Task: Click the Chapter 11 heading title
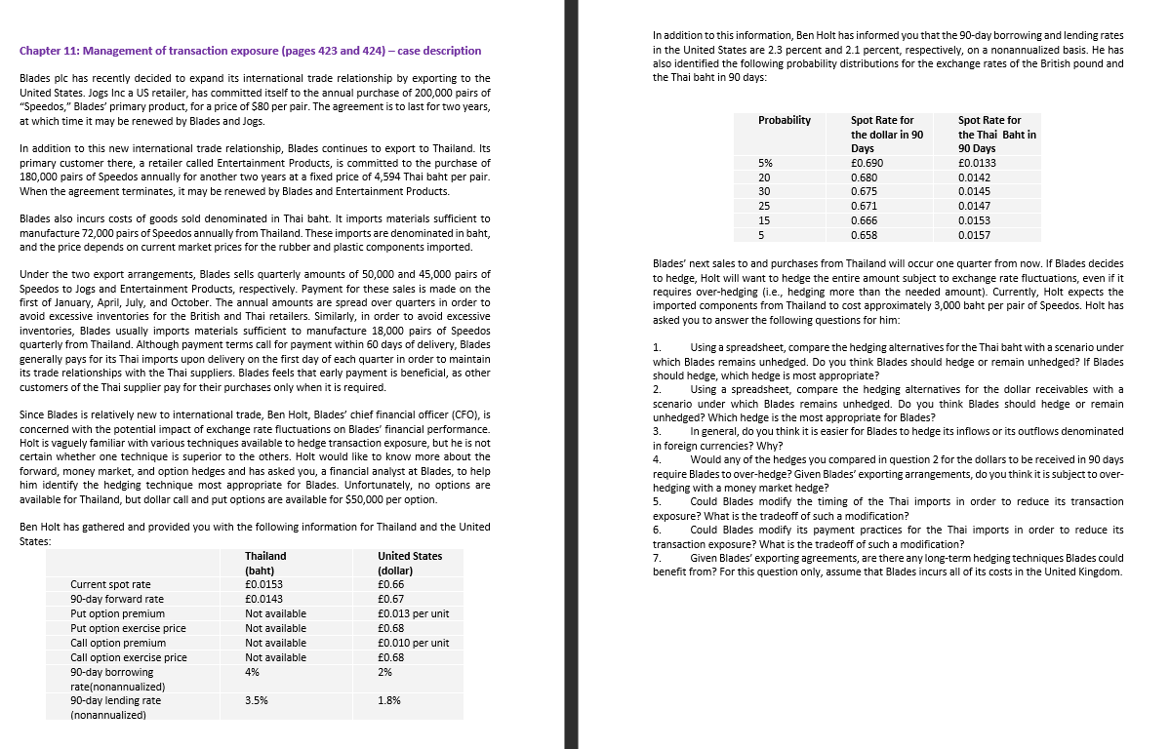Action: coord(250,51)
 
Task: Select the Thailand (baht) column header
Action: coord(264,563)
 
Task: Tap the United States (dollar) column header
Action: coord(409,563)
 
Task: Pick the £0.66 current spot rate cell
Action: coord(390,584)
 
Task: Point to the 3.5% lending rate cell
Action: coord(257,700)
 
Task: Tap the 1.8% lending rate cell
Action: coord(388,700)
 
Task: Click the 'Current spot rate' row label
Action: coord(110,584)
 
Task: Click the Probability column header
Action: coord(784,120)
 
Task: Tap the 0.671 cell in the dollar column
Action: coord(865,207)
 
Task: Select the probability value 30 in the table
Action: coord(764,192)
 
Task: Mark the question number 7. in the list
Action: coord(658,558)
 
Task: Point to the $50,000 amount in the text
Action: coord(367,499)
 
